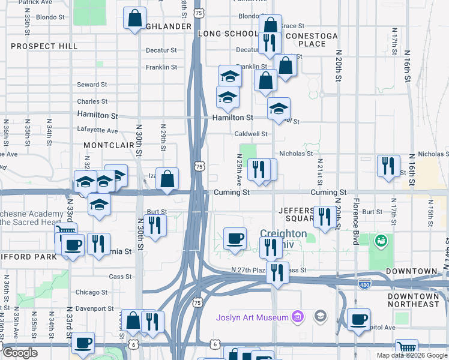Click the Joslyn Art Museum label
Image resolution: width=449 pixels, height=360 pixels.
pos(252,316)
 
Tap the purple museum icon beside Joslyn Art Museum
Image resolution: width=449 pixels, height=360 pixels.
pos(297,316)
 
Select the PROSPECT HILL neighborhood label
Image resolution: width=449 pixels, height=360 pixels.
pos(44,46)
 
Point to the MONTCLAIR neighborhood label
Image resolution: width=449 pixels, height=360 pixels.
pos(109,145)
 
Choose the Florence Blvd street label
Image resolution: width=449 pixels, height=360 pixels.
pos(355,221)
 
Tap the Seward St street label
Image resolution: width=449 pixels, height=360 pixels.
pos(91,85)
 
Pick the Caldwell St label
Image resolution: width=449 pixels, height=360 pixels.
pos(251,134)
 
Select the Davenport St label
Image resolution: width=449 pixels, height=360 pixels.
pos(95,308)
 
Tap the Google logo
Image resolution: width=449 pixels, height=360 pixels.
pos(20,353)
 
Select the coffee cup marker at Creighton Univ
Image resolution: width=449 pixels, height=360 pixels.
pos(235,238)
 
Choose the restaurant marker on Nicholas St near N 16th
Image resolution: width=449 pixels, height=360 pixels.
pos(388,165)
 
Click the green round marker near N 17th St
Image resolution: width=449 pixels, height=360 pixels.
pos(379,242)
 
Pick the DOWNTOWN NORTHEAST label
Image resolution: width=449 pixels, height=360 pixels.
pos(414,300)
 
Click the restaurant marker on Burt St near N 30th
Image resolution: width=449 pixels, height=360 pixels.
pos(155,225)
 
